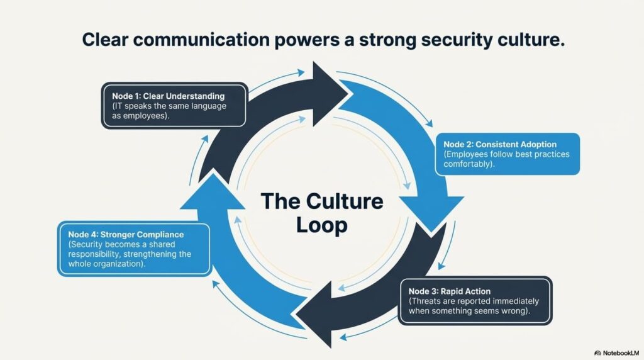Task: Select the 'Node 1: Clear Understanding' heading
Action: (169, 96)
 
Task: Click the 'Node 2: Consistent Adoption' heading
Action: (500, 145)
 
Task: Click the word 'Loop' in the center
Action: (321, 225)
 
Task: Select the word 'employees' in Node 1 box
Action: (145, 116)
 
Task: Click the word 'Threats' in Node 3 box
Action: (426, 301)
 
